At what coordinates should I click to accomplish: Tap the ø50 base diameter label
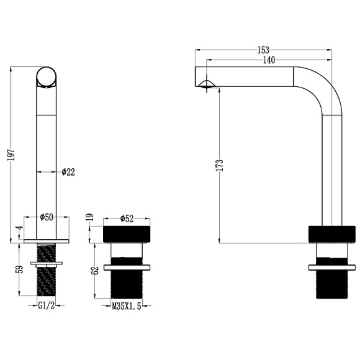(46, 217)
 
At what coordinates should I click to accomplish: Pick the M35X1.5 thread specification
(127, 306)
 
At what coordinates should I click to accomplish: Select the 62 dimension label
(94, 270)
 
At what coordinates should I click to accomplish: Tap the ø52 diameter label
(127, 218)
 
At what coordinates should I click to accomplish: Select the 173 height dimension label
(219, 166)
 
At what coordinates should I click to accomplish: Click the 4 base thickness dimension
(20, 228)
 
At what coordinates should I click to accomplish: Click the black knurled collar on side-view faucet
(331, 234)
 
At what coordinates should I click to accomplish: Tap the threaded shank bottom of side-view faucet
(331, 286)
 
